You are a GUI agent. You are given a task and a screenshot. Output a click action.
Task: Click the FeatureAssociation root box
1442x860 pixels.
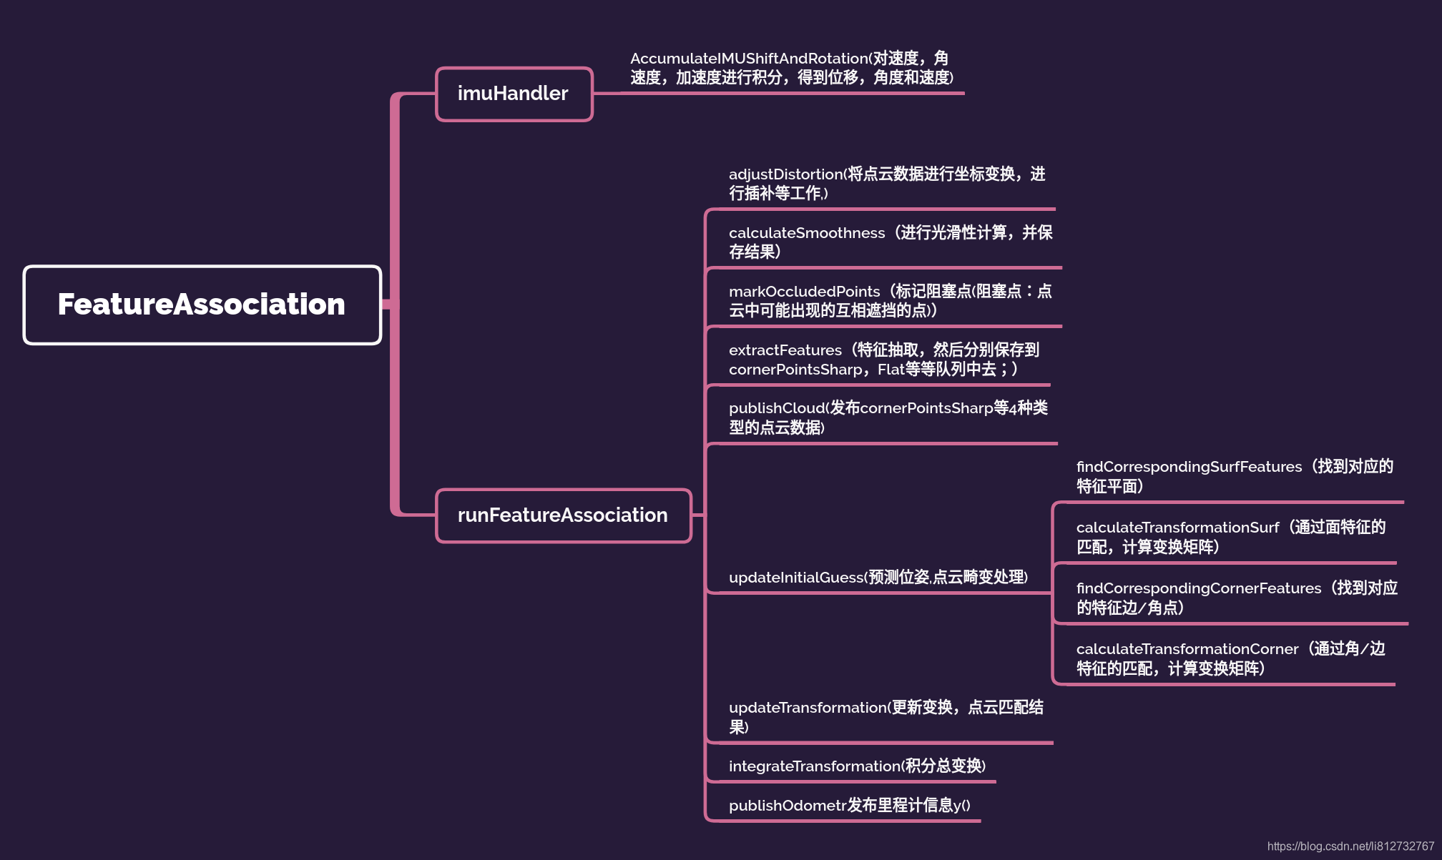point(202,305)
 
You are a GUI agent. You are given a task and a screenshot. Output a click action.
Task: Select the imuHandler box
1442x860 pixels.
point(514,94)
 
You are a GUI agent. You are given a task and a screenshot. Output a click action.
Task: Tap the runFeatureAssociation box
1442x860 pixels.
point(563,515)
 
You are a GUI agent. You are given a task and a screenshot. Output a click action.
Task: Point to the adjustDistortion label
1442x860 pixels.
point(785,174)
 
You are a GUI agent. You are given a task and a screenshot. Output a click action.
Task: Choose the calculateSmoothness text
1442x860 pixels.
point(807,233)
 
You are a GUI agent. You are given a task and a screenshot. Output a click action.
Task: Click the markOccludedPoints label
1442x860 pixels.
point(804,292)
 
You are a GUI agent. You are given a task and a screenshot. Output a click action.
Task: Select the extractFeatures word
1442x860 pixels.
point(785,350)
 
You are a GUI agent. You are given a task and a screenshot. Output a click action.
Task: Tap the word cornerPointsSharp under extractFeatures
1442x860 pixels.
point(795,370)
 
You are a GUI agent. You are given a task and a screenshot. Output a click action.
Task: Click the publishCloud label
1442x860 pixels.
point(777,408)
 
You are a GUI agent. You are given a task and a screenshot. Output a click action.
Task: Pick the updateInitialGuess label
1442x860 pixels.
point(796,578)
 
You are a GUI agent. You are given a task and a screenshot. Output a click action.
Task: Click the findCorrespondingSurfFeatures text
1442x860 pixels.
point(1189,467)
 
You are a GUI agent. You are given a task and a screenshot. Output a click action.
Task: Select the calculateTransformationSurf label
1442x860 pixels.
point(1177,528)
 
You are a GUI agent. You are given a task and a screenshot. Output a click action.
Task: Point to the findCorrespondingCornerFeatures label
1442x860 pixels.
point(1199,588)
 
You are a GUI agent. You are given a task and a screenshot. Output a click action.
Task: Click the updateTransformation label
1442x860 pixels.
point(808,708)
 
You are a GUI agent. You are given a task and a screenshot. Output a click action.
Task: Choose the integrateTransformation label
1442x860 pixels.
point(814,766)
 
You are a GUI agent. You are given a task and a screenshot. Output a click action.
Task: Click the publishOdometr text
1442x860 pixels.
point(788,806)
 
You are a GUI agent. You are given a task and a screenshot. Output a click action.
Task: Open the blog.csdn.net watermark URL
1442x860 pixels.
point(1350,846)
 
